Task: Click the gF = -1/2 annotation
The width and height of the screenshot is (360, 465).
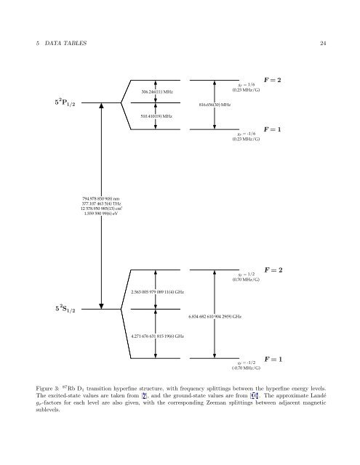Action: pos(248,361)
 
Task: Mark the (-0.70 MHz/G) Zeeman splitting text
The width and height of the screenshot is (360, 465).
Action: pos(247,368)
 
